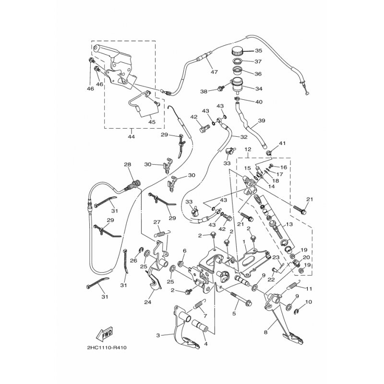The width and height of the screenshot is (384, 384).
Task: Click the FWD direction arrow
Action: [x=105, y=334]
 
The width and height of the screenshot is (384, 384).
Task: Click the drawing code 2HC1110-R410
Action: [x=107, y=348]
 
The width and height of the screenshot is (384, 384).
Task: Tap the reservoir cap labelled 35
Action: [x=237, y=51]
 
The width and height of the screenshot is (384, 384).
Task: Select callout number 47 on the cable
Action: [x=214, y=72]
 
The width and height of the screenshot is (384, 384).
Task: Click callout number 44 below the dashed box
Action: [x=131, y=136]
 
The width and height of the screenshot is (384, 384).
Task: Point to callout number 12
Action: [x=248, y=149]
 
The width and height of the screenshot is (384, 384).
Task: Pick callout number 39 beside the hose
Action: [x=262, y=120]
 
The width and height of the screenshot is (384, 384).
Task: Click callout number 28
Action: [x=127, y=165]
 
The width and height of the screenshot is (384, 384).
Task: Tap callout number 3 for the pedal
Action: [x=158, y=335]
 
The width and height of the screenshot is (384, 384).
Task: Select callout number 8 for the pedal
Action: [x=266, y=332]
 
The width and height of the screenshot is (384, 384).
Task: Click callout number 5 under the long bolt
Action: [x=234, y=313]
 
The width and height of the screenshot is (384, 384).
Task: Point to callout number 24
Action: [x=148, y=302]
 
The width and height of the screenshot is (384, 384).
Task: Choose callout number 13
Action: [x=289, y=224]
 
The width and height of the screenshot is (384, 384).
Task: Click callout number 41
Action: [x=282, y=143]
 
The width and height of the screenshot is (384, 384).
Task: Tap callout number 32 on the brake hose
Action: [x=244, y=137]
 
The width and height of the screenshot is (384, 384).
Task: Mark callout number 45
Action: [x=152, y=122]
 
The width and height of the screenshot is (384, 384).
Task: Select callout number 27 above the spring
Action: [x=157, y=222]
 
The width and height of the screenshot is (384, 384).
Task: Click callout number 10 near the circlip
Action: [x=309, y=302]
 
